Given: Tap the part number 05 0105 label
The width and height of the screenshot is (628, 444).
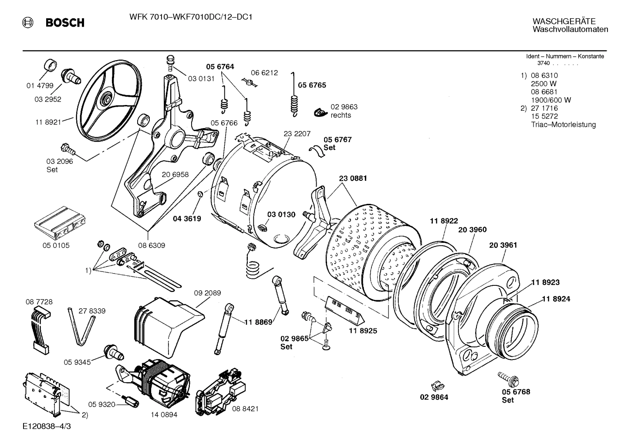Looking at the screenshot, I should pyautogui.click(x=56, y=245).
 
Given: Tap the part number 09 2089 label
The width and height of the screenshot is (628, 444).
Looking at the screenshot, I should pyautogui.click(x=207, y=293).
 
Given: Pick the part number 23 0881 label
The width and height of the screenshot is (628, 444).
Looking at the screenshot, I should pyautogui.click(x=353, y=178).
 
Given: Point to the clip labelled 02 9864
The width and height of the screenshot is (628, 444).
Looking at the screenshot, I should pyautogui.click(x=436, y=385).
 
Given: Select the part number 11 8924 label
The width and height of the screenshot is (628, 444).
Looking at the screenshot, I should pyautogui.click(x=556, y=299).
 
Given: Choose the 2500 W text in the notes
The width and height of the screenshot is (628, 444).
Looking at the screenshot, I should pyautogui.click(x=544, y=84).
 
